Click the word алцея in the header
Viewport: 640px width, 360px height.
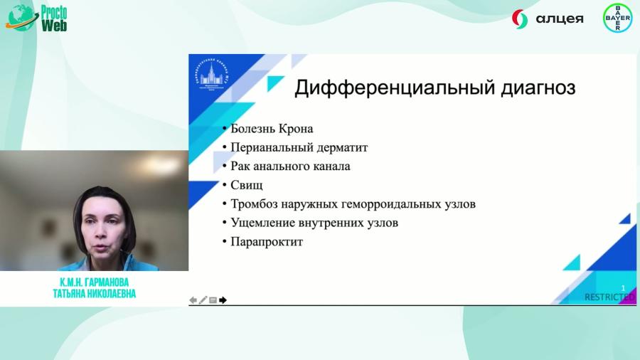point(560,19)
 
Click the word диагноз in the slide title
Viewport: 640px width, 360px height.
point(533,88)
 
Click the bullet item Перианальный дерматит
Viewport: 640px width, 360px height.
point(299,147)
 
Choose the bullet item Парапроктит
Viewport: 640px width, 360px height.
point(267,242)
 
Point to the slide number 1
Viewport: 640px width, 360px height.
point(623,288)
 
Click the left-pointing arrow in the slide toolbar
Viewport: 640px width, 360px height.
point(193,300)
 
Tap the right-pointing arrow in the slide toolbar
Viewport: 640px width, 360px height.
point(223,300)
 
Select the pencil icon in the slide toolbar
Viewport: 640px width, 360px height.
point(203,300)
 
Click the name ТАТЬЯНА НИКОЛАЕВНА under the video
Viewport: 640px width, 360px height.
point(94,294)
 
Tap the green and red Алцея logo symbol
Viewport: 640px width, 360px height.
point(520,19)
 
